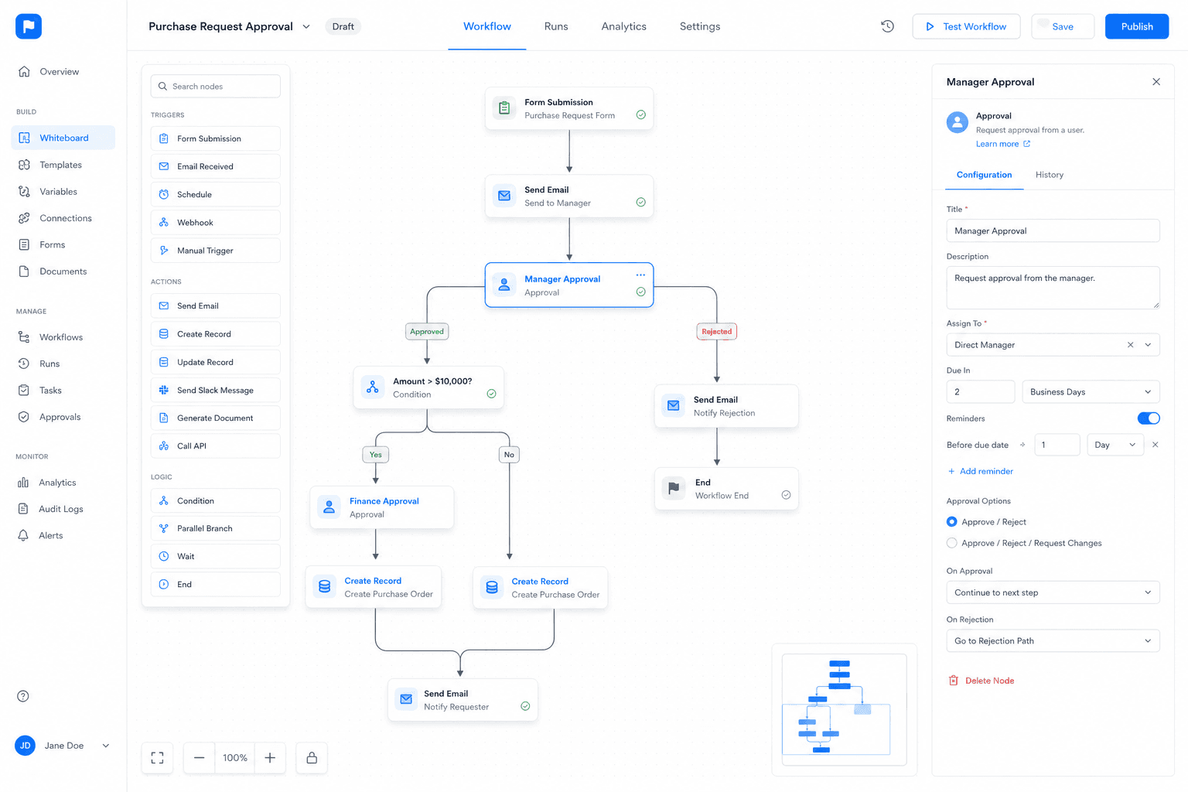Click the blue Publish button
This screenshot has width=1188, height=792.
1136,26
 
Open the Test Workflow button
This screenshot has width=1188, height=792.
966,26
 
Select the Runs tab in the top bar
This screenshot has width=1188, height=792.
556,26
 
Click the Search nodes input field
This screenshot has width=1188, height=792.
215,86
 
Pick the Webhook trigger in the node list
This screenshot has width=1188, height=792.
215,222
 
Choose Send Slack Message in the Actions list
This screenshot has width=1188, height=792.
215,390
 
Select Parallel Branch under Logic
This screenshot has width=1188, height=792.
215,528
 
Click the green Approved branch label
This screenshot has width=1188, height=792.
427,332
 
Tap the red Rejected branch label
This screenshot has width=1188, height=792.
716,332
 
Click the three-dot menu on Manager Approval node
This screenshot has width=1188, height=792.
640,275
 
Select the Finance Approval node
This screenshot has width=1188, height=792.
382,507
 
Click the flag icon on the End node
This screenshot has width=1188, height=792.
674,488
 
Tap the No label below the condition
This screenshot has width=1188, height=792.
509,455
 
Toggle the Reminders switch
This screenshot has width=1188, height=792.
1149,418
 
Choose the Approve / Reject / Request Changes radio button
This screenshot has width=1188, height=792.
952,543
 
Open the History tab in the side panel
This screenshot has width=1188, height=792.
1049,175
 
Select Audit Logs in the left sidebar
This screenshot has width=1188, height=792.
61,509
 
